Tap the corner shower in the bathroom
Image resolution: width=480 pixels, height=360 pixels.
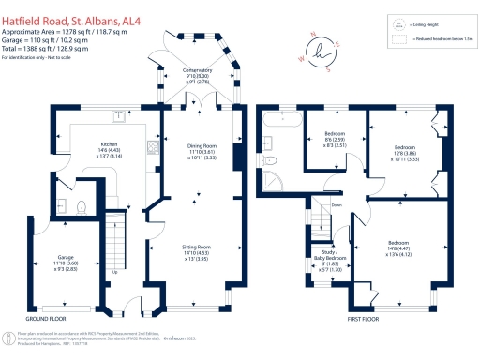tap(274, 180)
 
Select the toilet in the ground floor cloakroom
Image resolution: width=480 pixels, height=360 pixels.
tap(82, 207)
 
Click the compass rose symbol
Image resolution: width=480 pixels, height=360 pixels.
tap(327, 49)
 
